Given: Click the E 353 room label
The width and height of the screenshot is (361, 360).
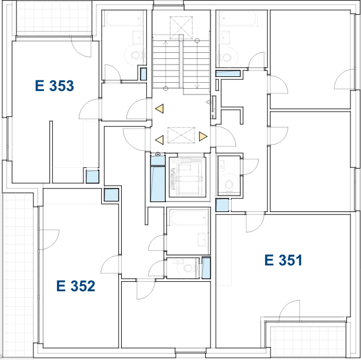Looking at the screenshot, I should pos(54,86).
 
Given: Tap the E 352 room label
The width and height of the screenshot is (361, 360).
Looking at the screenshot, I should pos(75,287).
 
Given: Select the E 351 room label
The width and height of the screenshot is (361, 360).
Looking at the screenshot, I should pos(283,260).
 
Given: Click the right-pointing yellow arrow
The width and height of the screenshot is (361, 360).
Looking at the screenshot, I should pos(203,137).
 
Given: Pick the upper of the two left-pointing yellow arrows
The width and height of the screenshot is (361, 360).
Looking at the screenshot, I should pos(159,109).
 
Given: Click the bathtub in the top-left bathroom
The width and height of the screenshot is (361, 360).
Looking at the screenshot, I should pos(123,19).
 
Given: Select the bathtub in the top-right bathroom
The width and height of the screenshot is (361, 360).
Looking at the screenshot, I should pos(238,19).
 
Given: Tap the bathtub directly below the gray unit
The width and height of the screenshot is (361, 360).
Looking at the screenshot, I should pos(189,218).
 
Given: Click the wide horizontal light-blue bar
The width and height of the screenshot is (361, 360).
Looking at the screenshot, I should pos(228,73).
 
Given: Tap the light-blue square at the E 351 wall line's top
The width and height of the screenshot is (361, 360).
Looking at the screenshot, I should pos(222,205).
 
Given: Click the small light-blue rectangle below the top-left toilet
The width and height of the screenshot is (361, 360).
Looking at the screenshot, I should pos(143,74).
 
